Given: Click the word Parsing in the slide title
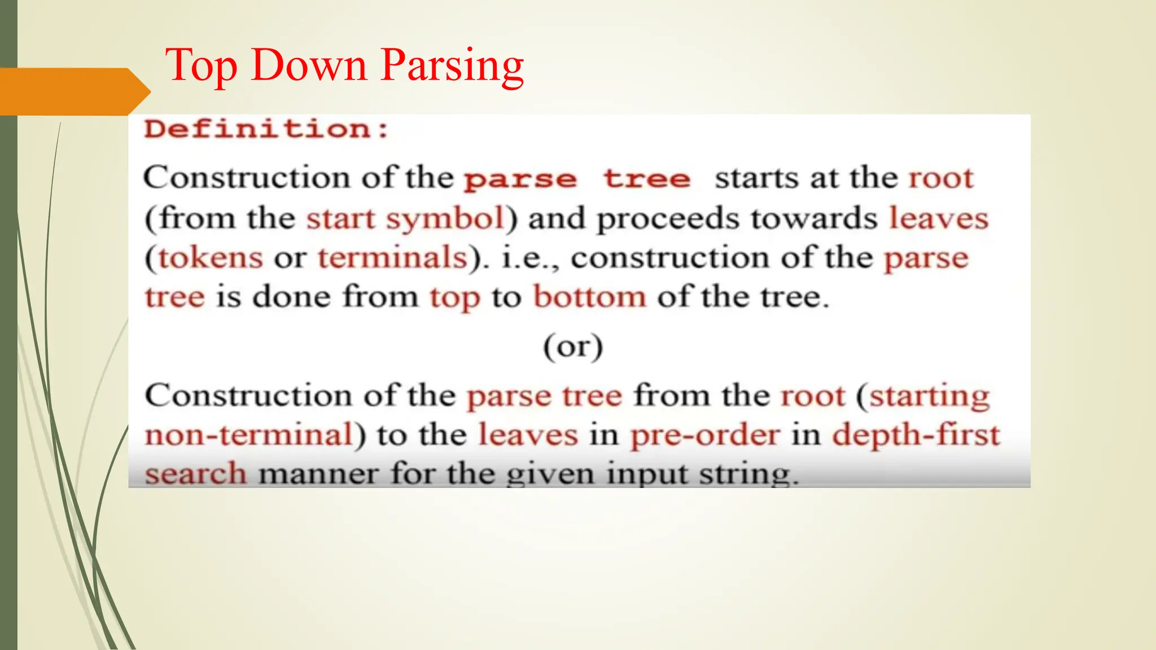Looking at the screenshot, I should click(x=452, y=66).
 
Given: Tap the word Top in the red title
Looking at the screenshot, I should click(x=201, y=66).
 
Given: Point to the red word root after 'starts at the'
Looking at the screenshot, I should click(x=941, y=178).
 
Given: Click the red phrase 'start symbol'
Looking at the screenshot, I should click(x=405, y=218).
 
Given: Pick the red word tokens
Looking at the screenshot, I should click(x=211, y=258).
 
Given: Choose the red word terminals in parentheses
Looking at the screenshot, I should click(x=393, y=258).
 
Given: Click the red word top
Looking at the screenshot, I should click(x=455, y=297).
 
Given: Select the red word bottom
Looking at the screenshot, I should click(x=590, y=297).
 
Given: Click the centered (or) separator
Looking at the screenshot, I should click(x=573, y=346).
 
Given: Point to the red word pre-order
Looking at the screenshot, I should click(x=705, y=435).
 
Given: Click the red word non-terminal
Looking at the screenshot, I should click(x=249, y=435).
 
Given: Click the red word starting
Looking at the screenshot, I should click(x=929, y=396).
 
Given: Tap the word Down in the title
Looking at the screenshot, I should click(x=309, y=66).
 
